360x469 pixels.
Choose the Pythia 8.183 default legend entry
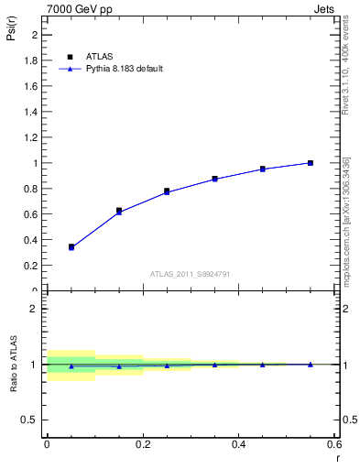[125, 69]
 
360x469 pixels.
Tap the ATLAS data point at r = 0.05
[71, 246]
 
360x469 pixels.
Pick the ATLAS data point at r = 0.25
[167, 191]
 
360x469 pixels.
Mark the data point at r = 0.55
[311, 163]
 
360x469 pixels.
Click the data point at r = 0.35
[214, 179]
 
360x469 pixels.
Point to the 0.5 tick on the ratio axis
[32, 420]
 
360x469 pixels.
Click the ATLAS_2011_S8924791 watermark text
[191, 273]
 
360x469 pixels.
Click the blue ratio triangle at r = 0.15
[119, 366]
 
